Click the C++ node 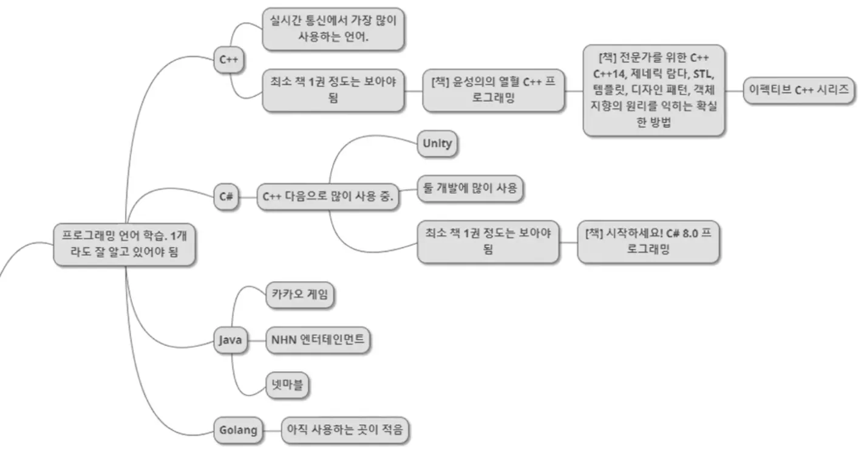click(228, 60)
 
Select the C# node click(226, 196)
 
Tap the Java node click(230, 340)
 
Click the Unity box click(437, 144)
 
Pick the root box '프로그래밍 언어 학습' click(124, 244)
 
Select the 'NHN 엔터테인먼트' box click(318, 340)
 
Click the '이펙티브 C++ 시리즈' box click(799, 91)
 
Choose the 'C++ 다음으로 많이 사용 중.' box click(328, 197)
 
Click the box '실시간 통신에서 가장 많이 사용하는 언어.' click(333, 29)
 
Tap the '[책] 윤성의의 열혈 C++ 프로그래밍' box click(493, 91)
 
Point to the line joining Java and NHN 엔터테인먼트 click(257, 340)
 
